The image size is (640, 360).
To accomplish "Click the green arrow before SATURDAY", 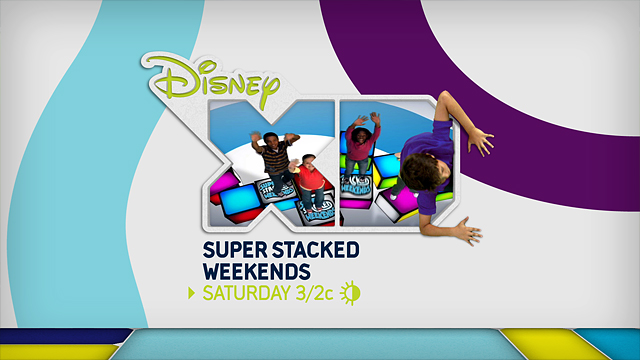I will pyautogui.click(x=194, y=293).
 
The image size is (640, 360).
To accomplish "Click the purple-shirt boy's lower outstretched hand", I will pyautogui.click(x=465, y=232).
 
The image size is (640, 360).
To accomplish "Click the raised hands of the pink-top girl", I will pyautogui.click(x=361, y=119).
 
